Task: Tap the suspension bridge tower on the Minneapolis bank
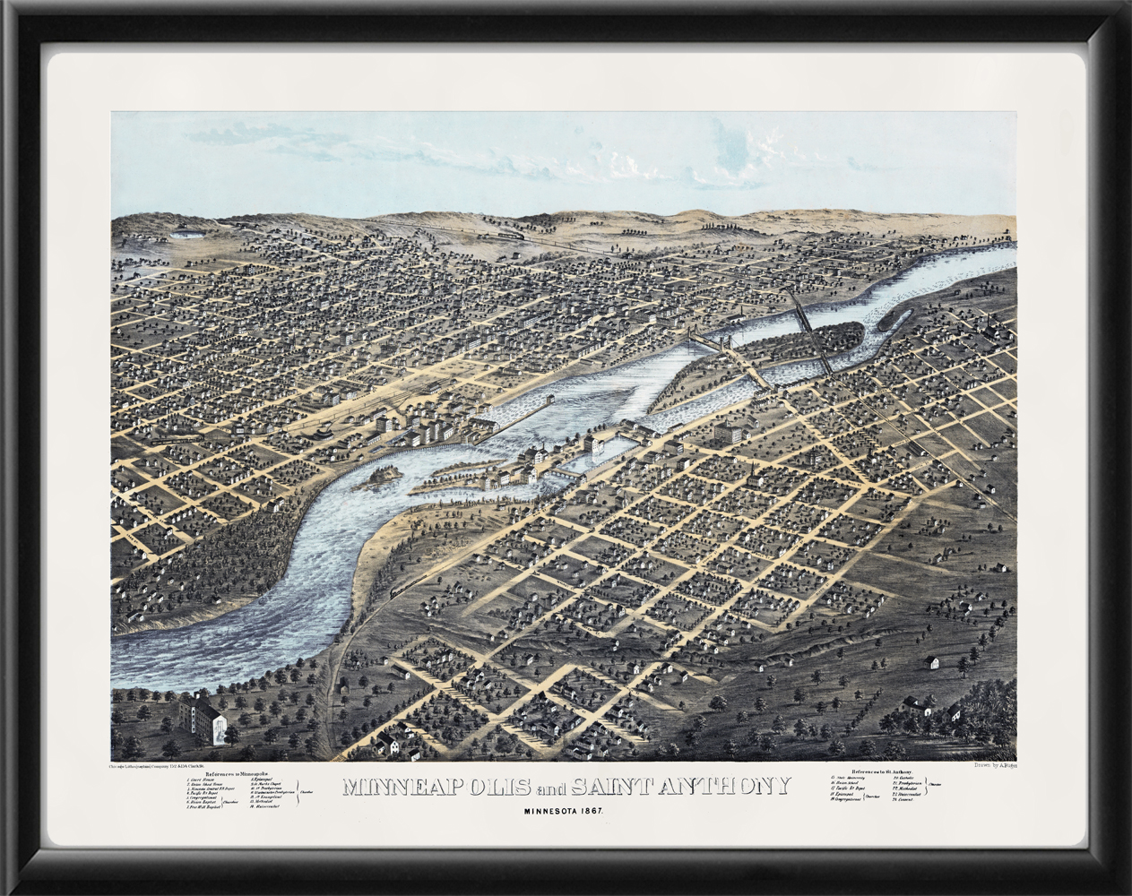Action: (691, 339)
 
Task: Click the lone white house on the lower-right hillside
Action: (934, 663)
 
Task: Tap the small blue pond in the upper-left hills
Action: (186, 235)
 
